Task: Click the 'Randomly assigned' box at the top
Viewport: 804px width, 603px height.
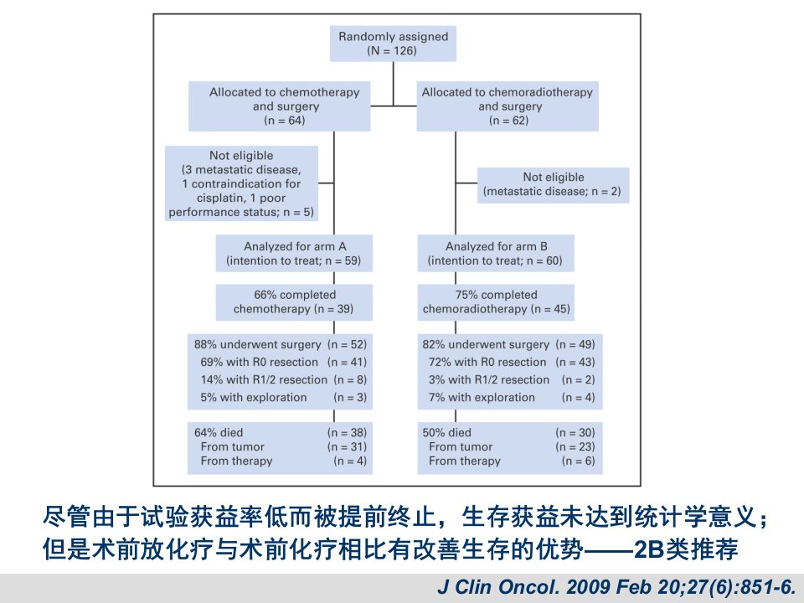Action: (x=393, y=44)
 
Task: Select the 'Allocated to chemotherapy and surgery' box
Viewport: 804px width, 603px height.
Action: (x=280, y=106)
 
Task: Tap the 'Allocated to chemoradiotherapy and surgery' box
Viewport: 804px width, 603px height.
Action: (x=508, y=106)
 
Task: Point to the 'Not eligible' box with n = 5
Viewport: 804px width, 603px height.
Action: (x=241, y=183)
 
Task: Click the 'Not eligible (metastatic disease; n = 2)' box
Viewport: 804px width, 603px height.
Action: (x=554, y=185)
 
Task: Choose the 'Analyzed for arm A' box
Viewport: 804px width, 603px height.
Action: (x=294, y=253)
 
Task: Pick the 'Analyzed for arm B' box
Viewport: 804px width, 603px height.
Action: (x=496, y=253)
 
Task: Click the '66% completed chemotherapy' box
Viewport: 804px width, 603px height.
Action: (x=294, y=302)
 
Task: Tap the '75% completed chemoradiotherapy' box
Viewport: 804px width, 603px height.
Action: (x=496, y=302)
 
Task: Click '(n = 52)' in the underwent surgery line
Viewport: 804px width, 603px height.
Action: (x=347, y=344)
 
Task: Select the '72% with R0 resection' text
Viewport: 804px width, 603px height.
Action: (x=487, y=362)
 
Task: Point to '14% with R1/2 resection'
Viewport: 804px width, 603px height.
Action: (x=264, y=379)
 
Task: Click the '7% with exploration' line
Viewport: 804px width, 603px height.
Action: (x=512, y=397)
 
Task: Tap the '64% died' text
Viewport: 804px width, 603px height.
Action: (x=219, y=432)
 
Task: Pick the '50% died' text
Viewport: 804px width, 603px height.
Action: (x=446, y=432)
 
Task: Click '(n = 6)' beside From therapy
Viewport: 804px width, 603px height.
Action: (x=579, y=461)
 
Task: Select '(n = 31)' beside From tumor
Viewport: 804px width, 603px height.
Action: (x=347, y=446)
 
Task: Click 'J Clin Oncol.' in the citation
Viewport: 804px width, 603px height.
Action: (x=497, y=586)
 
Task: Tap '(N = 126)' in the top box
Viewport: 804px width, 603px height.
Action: (x=392, y=51)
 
